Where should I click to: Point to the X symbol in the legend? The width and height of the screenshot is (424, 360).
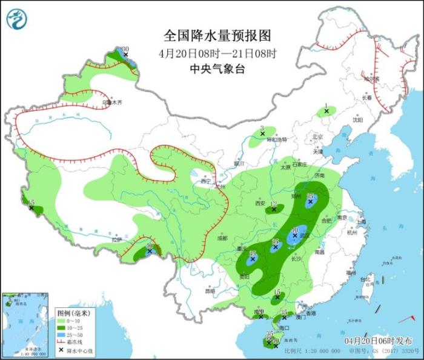tap(61, 350)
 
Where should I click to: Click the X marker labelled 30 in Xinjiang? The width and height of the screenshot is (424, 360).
tap(126, 55)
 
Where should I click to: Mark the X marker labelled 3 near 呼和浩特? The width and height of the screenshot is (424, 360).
tap(262, 133)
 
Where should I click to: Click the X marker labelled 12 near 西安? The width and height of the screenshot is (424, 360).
tap(274, 210)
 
